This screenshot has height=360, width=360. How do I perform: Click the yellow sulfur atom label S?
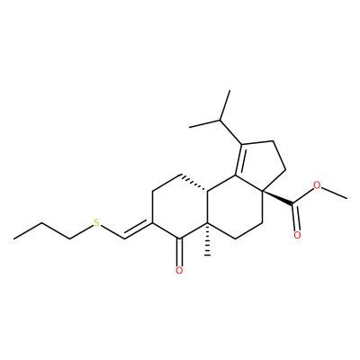(x=96, y=223)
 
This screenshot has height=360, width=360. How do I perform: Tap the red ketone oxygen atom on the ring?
(x=179, y=271)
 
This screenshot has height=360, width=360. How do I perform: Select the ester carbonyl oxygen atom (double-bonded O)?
(x=297, y=235)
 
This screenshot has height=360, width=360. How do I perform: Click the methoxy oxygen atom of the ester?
(x=317, y=185)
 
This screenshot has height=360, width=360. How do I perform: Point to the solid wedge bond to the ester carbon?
(x=277, y=198)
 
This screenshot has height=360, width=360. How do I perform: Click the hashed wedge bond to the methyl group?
(x=207, y=239)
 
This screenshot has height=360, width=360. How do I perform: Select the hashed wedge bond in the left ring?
(x=194, y=182)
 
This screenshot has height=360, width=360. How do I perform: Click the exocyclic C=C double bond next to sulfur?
(x=139, y=229)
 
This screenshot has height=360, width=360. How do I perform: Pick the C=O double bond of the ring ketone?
(x=179, y=251)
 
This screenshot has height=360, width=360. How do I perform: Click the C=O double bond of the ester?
(x=295, y=218)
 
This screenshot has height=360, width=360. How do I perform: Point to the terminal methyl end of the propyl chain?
(x=13, y=239)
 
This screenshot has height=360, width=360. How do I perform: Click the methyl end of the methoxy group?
(x=347, y=198)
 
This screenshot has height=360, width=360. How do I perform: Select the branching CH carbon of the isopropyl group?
(x=220, y=120)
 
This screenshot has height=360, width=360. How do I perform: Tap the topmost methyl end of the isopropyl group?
(x=229, y=90)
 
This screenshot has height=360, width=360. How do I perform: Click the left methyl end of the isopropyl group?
(x=190, y=128)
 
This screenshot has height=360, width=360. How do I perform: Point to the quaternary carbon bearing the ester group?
(x=262, y=191)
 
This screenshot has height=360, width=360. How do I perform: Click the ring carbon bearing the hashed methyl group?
(x=207, y=223)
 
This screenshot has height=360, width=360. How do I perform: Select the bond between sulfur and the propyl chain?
(x=81, y=232)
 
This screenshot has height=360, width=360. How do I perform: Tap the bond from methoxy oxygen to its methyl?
(x=334, y=193)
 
